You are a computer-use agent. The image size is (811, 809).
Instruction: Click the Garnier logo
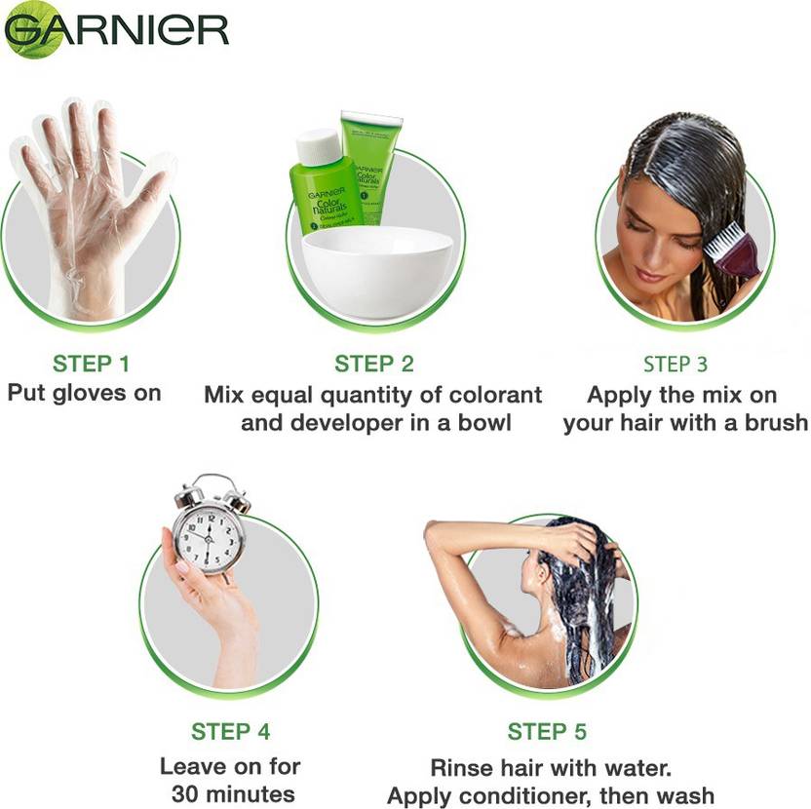point(116,30)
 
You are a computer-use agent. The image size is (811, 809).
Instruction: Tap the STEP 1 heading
point(91,365)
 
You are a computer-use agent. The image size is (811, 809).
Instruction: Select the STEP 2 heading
point(374,365)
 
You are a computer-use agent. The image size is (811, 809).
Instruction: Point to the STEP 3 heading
point(675,365)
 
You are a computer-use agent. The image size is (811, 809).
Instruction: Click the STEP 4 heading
point(231,732)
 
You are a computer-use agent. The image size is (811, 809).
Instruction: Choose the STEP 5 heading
point(547,732)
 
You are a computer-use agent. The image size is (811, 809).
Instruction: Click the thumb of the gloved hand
point(149,185)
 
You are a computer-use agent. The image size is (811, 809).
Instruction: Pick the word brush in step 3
point(776,423)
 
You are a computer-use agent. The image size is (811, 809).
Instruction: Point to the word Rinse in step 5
point(457,768)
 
